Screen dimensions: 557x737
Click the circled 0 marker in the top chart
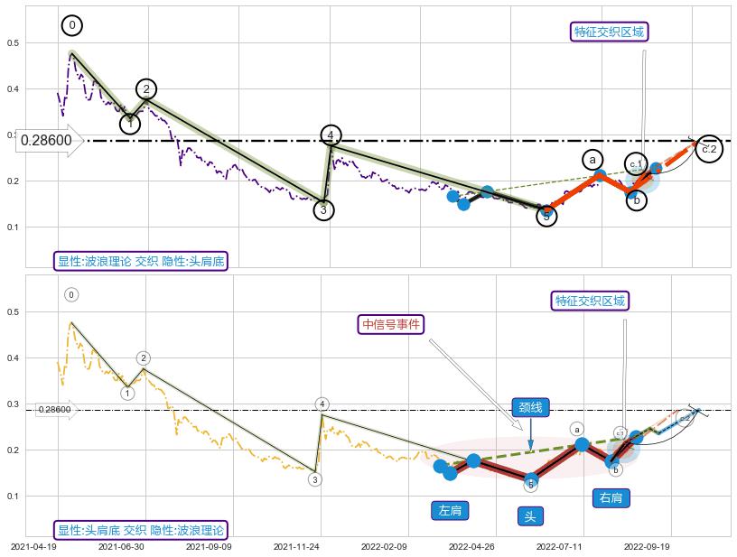pyautogui.click(x=72, y=25)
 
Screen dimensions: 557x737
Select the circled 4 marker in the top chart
pyautogui.click(x=331, y=135)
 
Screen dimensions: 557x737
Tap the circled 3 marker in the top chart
pyautogui.click(x=324, y=210)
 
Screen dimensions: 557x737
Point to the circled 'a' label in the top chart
pyautogui.click(x=592, y=160)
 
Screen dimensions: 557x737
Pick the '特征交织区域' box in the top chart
pyautogui.click(x=611, y=32)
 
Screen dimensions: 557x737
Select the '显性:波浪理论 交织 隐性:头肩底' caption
pyautogui.click(x=140, y=262)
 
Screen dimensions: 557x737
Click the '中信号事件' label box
pyautogui.click(x=391, y=325)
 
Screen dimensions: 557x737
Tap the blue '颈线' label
pyautogui.click(x=530, y=407)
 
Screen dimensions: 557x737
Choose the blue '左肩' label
pyautogui.click(x=450, y=511)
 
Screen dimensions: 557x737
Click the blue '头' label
pyautogui.click(x=530, y=516)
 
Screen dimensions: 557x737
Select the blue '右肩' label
pyautogui.click(x=611, y=497)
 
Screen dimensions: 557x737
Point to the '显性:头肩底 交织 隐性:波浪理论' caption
pyautogui.click(x=140, y=531)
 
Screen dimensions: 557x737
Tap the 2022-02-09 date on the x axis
pyautogui.click(x=386, y=546)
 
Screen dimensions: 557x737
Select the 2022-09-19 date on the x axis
pyautogui.click(x=648, y=546)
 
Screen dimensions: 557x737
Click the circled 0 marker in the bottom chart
pyautogui.click(x=71, y=294)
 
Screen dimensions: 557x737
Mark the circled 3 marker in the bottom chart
pyautogui.click(x=314, y=479)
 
